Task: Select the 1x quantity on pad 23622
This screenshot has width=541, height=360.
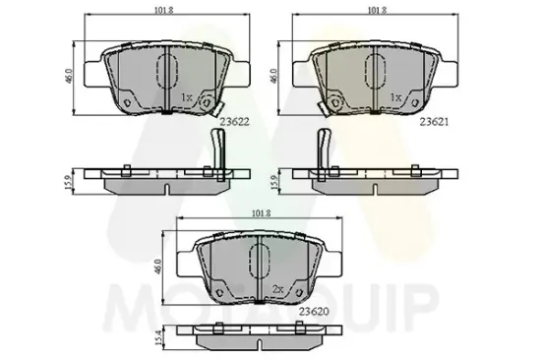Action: tap(187, 98)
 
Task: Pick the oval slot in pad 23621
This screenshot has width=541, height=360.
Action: tap(377, 70)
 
